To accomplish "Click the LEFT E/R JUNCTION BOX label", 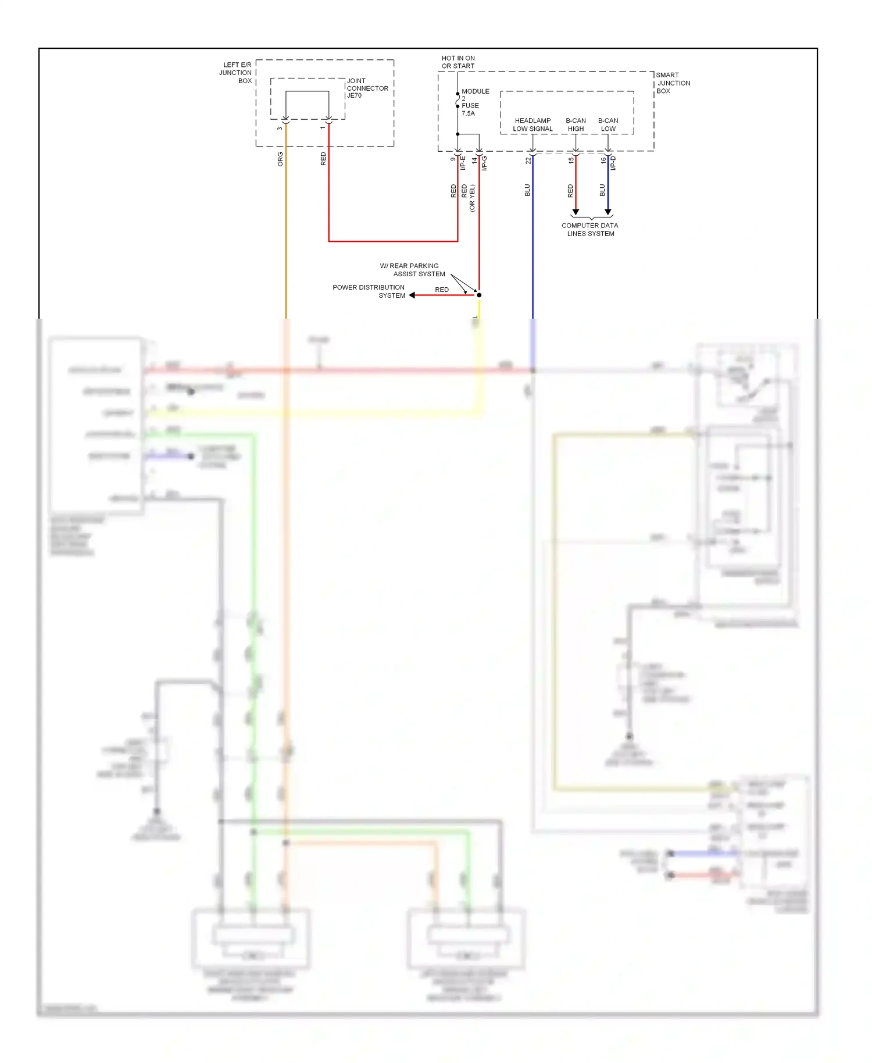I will [x=235, y=73].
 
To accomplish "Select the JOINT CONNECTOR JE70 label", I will [x=367, y=88].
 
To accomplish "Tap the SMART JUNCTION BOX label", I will [x=673, y=83].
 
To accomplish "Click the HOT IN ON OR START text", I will [x=458, y=62].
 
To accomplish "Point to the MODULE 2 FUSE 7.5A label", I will [x=473, y=102].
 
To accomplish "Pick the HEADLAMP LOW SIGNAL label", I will [x=533, y=125].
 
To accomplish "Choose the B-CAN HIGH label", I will [x=576, y=125].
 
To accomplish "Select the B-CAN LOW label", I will [x=608, y=125].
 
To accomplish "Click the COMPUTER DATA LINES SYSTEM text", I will [x=590, y=230].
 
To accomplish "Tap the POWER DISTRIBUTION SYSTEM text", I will [x=369, y=291].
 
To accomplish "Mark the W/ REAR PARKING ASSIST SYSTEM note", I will [x=413, y=270].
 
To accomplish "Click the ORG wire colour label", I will [x=280, y=159].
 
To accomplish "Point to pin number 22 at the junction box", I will [x=528, y=160].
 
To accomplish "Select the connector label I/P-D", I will [x=613, y=163].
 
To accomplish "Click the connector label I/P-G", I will [x=484, y=163].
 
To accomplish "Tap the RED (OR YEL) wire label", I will [x=468, y=198].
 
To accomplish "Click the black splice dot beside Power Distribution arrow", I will [x=479, y=295].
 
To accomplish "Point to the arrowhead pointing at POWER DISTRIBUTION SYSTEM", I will [x=412, y=295].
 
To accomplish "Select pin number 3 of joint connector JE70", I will [x=280, y=129].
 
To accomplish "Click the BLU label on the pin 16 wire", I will [x=602, y=190].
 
